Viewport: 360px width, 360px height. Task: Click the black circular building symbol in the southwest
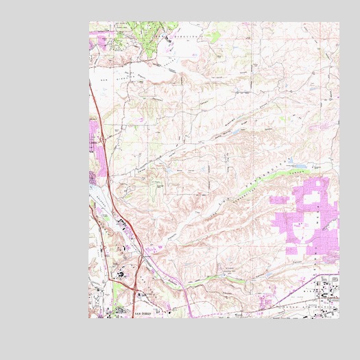(122, 274)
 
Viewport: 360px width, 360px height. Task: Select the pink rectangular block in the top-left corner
(95, 40)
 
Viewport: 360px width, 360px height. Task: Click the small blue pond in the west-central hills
(159, 184)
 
